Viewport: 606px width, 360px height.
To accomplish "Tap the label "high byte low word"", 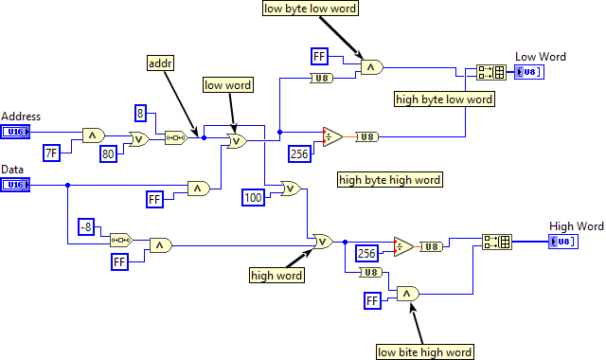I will click(444, 99).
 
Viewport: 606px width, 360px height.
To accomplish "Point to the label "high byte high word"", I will click(390, 178).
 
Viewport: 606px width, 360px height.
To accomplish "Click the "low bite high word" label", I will click(424, 351).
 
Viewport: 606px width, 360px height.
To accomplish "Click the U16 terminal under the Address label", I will click(16, 132).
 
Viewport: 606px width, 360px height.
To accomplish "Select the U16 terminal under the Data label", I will click(16, 185).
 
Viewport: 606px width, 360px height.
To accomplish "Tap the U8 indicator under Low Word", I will click(529, 72).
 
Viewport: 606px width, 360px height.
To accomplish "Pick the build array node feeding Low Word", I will click(490, 72).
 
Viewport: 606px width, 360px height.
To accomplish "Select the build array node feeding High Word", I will click(496, 242).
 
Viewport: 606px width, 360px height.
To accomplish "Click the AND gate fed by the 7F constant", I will click(93, 135).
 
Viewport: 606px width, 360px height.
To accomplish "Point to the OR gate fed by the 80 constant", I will click(139, 139).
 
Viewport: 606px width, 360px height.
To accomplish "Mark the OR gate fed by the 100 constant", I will click(290, 189).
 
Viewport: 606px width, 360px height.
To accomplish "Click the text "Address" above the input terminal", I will click(21, 117).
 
